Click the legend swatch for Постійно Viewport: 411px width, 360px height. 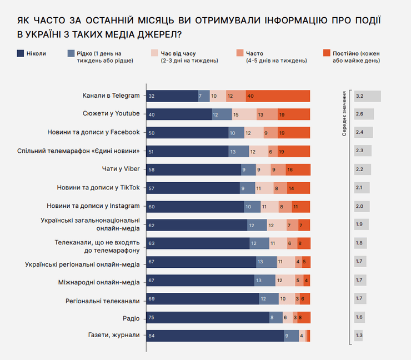(326, 53)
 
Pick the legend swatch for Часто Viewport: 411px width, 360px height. (240, 53)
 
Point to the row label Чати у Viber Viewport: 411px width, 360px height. (117, 169)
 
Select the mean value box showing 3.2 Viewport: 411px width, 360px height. (367, 96)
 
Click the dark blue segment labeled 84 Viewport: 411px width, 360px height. (214, 335)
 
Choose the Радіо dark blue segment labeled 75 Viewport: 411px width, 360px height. (207, 317)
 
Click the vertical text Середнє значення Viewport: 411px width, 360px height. (344, 114)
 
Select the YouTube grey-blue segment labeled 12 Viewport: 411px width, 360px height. (222, 114)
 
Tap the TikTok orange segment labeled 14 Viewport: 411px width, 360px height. (299, 188)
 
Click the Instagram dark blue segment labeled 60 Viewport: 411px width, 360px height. (195, 206)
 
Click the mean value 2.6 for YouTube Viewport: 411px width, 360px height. (363, 114)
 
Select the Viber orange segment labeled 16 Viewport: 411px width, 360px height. (298, 169)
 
